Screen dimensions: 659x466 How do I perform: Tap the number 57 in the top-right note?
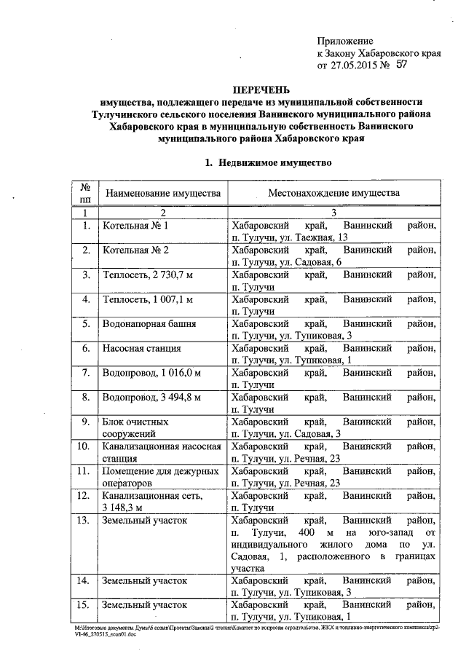[400, 65]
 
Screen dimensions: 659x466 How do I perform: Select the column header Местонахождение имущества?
[334, 194]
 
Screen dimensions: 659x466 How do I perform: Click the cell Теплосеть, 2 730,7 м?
[150, 275]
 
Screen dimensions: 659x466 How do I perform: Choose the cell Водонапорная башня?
[147, 323]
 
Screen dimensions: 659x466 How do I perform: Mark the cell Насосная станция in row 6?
[142, 348]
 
